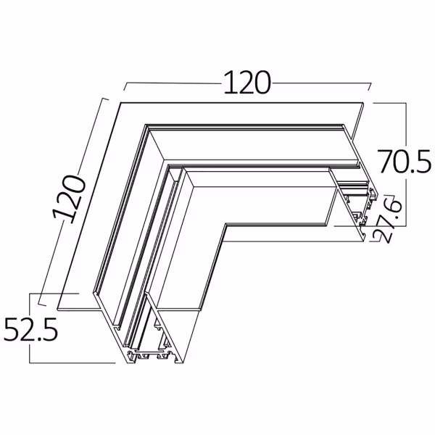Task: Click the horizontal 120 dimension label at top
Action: tap(246, 83)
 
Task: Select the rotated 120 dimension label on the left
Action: tap(70, 197)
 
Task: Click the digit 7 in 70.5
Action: tap(385, 160)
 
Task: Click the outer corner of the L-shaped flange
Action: tap(119, 103)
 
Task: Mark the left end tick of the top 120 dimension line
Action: tap(125, 87)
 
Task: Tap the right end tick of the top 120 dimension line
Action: tap(370, 87)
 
